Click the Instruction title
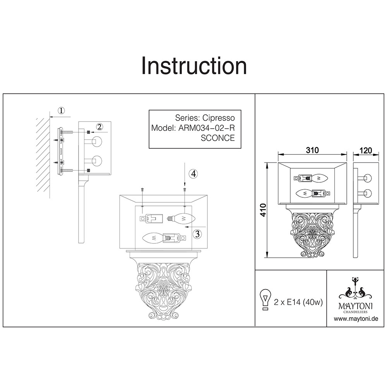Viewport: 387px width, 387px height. [x=194, y=66]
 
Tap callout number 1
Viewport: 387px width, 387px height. [x=61, y=111]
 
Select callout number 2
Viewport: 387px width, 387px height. [x=99, y=127]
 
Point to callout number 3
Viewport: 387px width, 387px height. [x=197, y=234]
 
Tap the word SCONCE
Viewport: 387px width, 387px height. [x=217, y=138]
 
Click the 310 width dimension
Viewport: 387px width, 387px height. [x=312, y=151]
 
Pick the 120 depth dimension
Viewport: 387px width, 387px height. [x=366, y=151]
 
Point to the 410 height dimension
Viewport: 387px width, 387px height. [x=264, y=210]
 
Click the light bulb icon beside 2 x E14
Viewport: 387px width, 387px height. [x=265, y=300]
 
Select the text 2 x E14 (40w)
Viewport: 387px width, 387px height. [x=298, y=302]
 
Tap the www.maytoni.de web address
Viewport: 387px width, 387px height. [x=356, y=319]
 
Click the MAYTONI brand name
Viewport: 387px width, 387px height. [x=356, y=306]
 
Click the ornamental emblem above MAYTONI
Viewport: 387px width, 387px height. [x=355, y=288]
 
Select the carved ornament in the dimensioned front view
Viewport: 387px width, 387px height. [x=312, y=235]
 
